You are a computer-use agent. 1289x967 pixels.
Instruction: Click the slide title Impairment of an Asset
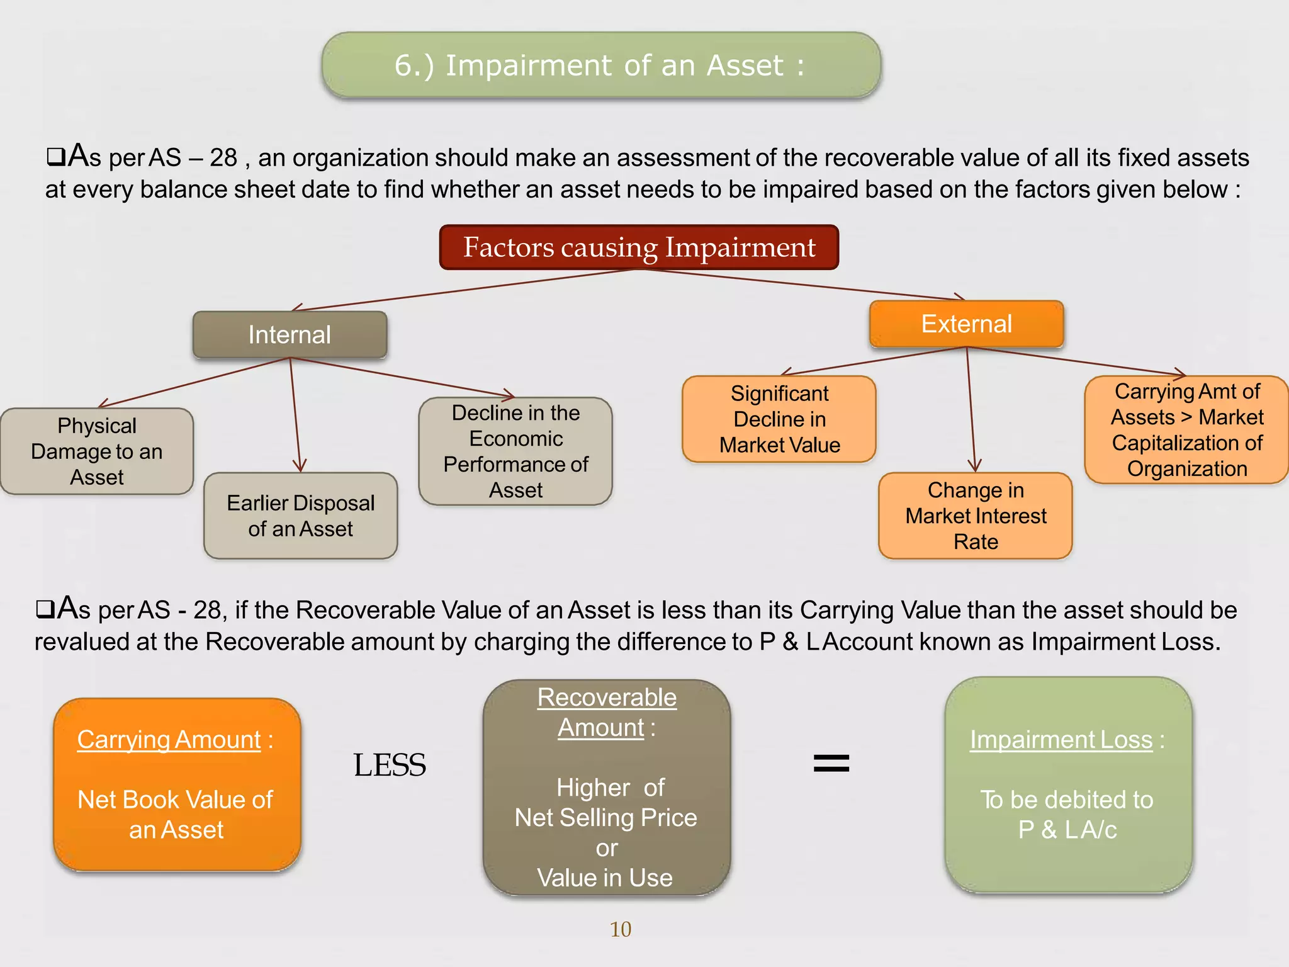point(600,65)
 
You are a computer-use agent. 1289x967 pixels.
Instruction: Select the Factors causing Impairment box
point(639,247)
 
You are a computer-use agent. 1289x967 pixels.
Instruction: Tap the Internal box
point(290,335)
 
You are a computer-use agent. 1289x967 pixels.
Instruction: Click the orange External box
point(966,324)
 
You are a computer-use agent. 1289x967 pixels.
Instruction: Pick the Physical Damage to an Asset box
point(97,451)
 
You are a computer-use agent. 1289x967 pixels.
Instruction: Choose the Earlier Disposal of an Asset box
point(300,516)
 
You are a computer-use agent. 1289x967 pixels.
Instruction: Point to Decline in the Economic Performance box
point(515,451)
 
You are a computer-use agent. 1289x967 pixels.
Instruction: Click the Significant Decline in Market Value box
point(779,419)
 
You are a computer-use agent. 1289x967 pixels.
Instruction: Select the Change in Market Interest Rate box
point(975,516)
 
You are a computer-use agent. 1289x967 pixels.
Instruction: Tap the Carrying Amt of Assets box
point(1186,430)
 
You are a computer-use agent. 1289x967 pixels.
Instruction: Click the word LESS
point(390,766)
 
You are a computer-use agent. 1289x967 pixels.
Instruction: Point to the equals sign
point(831,764)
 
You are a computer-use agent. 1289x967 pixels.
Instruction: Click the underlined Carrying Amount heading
point(169,740)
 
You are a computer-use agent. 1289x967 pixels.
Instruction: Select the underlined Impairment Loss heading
point(1061,740)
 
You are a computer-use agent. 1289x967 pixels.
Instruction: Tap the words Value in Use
point(605,878)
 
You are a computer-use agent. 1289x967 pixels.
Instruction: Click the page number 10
point(620,929)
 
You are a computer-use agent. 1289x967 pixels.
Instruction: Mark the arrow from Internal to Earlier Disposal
point(295,416)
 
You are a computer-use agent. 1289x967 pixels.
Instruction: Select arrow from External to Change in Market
point(971,409)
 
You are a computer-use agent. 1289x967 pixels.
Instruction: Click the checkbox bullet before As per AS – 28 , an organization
point(55,157)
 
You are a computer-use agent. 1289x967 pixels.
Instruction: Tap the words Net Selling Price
point(605,818)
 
